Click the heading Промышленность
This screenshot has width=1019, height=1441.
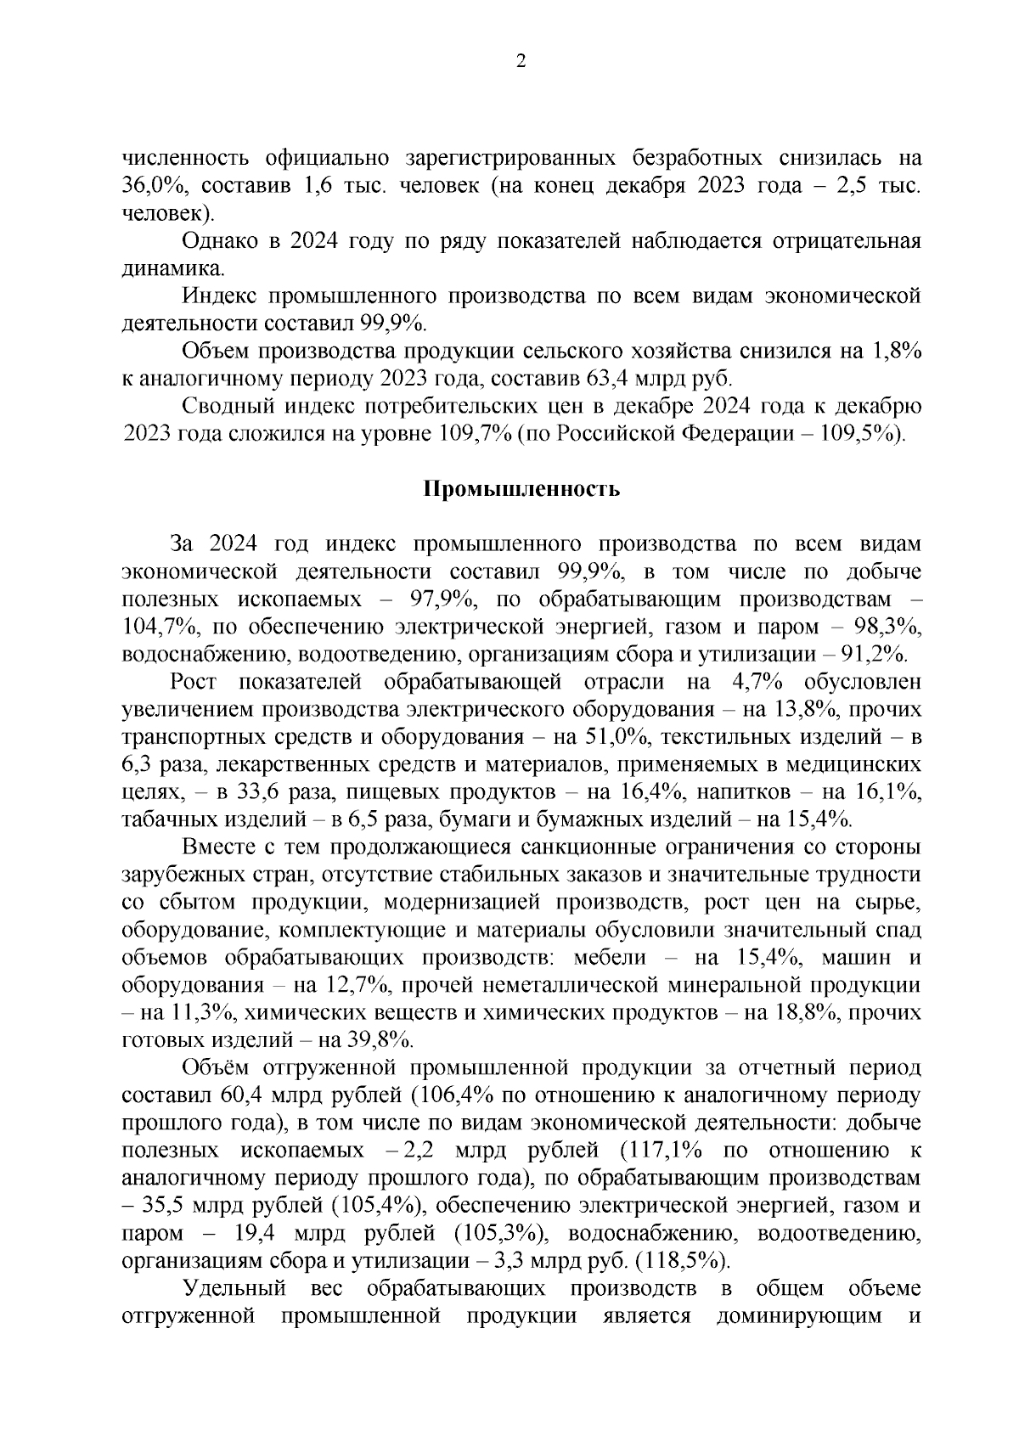(x=521, y=489)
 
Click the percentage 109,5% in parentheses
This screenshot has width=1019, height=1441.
(x=853, y=434)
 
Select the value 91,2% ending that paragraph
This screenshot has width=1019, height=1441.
(x=868, y=655)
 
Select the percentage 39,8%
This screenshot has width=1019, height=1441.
(x=377, y=1040)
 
